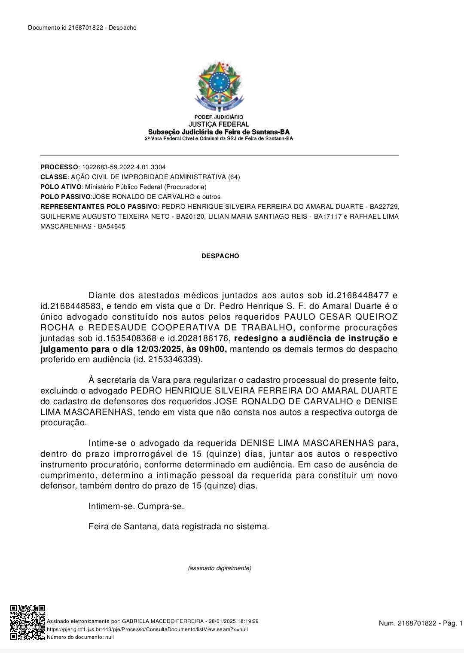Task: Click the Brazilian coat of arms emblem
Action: [219, 86]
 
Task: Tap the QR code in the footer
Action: [27, 622]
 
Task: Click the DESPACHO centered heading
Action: [220, 256]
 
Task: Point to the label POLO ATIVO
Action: [61, 187]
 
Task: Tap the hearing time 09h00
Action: [212, 349]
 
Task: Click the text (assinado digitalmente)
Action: [220, 568]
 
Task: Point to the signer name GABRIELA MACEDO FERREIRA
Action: [163, 621]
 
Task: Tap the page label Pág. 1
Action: [452, 623]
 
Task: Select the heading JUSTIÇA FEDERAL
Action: [219, 124]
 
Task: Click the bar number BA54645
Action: [111, 226]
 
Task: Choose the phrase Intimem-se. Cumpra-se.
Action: [136, 506]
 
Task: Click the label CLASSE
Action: [54, 177]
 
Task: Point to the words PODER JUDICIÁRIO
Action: [219, 117]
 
